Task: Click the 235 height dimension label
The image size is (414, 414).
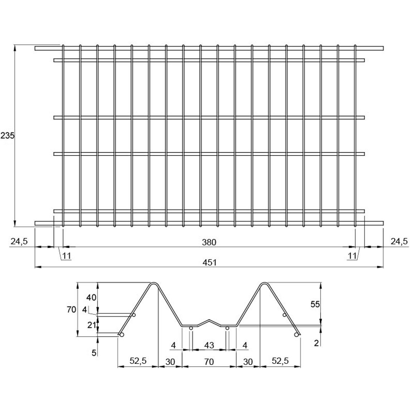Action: pos(8,136)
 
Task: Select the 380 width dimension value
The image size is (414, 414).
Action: pos(209,242)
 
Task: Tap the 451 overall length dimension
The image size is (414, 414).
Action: pos(210,263)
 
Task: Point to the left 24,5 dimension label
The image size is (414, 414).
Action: pos(19,241)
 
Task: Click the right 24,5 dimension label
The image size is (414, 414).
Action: pos(399,241)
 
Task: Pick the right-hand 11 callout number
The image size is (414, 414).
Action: pos(352,256)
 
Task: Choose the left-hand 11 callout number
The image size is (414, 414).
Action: pos(67,256)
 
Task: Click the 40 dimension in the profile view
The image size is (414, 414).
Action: pos(91,298)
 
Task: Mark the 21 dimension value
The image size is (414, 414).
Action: pos(92,325)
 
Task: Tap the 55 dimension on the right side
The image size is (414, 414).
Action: pos(315,304)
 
